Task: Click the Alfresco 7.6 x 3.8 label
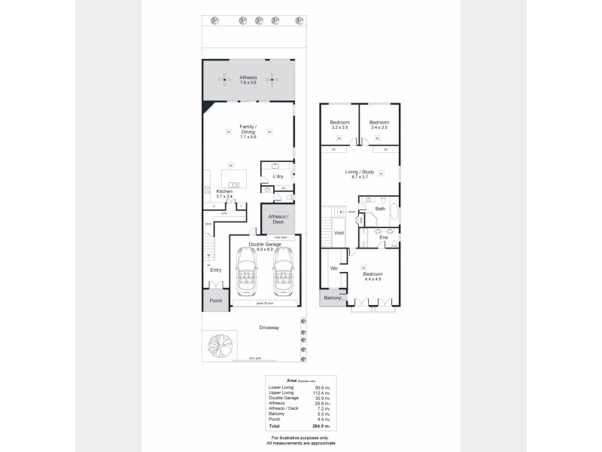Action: (248, 80)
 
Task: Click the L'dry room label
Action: (277, 176)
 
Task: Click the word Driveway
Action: (269, 327)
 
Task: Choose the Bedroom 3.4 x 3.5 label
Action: (380, 125)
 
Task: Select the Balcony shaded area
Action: (332, 299)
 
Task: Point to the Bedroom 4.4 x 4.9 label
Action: (372, 276)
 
